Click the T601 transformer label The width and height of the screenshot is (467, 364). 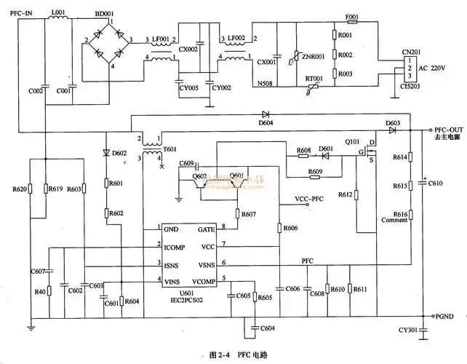pos(169,149)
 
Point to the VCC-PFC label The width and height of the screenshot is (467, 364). pos(310,198)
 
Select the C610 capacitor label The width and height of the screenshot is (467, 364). pos(436,186)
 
